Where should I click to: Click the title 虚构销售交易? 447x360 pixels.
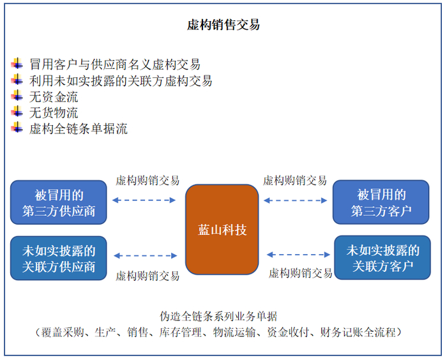click(223, 25)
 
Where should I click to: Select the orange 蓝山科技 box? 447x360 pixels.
click(222, 230)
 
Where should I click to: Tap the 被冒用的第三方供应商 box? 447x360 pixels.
click(58, 202)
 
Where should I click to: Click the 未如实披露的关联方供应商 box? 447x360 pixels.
click(58, 258)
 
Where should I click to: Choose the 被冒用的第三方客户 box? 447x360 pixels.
click(381, 202)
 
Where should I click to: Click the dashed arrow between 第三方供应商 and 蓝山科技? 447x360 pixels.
click(144, 200)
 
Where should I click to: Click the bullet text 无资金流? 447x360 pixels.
click(54, 96)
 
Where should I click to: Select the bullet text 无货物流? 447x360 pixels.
click(54, 113)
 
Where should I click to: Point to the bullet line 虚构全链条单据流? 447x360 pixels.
click(78, 129)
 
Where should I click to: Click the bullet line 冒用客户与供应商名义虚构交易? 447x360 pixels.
click(115, 64)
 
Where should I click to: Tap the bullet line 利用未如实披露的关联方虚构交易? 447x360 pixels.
click(121, 80)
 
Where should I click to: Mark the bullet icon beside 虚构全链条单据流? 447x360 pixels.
click(17, 128)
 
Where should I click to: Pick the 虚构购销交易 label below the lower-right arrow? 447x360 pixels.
click(300, 273)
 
